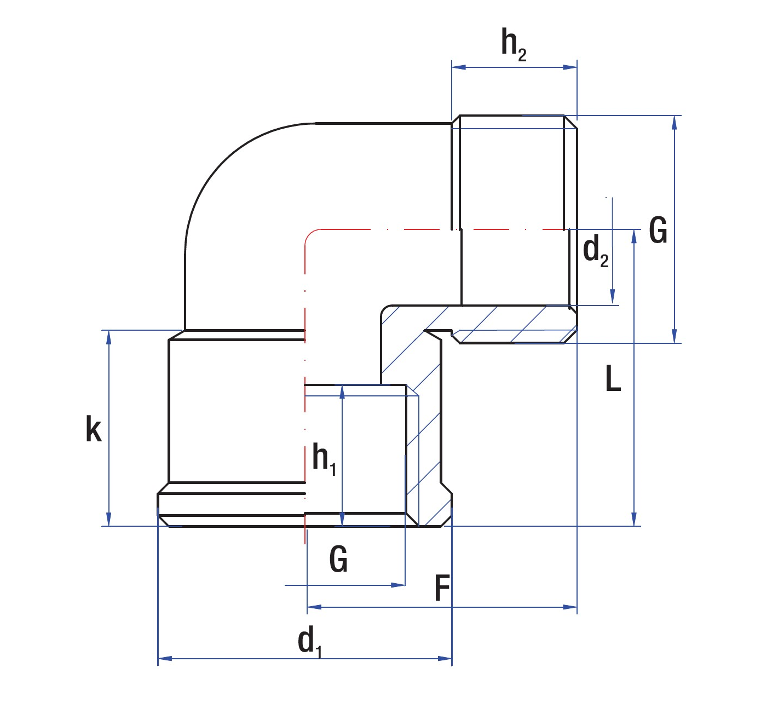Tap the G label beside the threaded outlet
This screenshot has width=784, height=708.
pyautogui.click(x=658, y=230)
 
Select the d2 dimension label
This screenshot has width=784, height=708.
pyautogui.click(x=596, y=251)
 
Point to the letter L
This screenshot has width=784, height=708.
pyautogui.click(x=613, y=378)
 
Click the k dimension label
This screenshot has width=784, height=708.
pyautogui.click(x=94, y=429)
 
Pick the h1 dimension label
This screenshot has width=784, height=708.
pyautogui.click(x=324, y=458)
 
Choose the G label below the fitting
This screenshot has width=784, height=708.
pyautogui.click(x=338, y=559)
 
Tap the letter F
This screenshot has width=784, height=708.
pyautogui.click(x=442, y=589)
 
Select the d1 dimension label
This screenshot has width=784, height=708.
pyautogui.click(x=309, y=641)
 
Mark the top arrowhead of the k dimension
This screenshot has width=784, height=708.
pyautogui.click(x=109, y=337)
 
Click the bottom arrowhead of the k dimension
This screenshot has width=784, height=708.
pyautogui.click(x=109, y=519)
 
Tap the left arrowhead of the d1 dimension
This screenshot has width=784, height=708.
pyautogui.click(x=165, y=658)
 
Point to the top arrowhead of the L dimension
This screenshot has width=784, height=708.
pyautogui.click(x=634, y=237)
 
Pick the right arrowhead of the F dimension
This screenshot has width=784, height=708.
pyautogui.click(x=570, y=607)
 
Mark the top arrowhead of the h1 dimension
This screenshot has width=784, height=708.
pyautogui.click(x=342, y=392)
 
